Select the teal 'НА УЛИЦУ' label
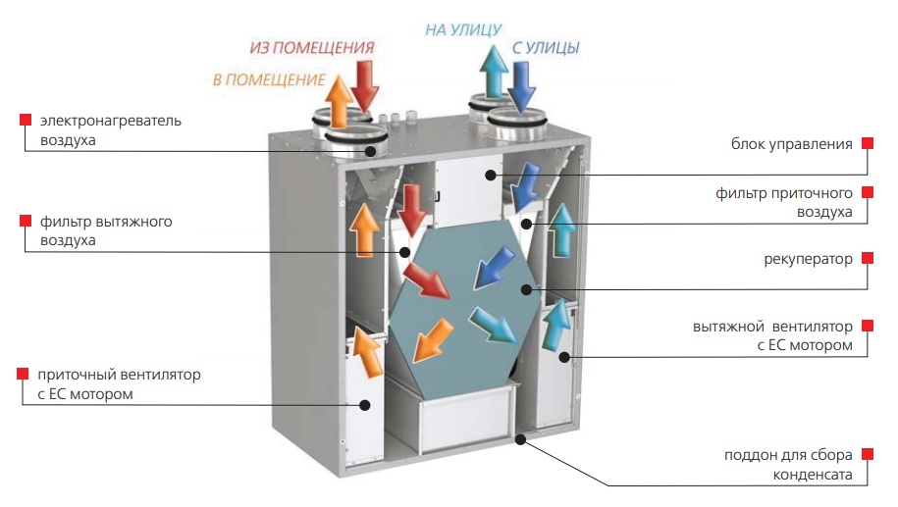[x=463, y=29]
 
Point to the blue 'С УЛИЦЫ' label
[x=545, y=47]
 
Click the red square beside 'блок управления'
[x=867, y=143]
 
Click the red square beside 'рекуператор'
[x=867, y=259]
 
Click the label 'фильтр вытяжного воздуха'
[x=105, y=230]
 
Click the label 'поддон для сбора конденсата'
[x=793, y=465]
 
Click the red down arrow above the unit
[x=364, y=85]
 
